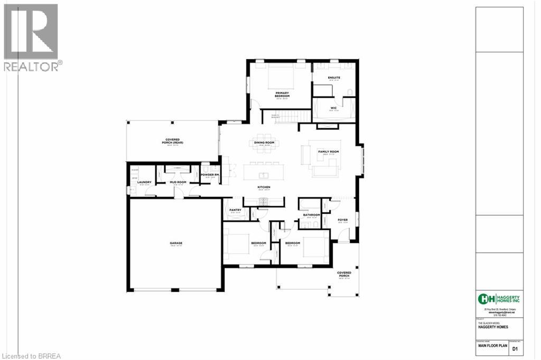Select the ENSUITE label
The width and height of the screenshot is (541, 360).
[333, 78]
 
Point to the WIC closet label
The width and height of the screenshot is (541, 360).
[333, 108]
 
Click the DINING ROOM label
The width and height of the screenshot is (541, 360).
[264, 143]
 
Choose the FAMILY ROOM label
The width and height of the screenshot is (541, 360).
[328, 151]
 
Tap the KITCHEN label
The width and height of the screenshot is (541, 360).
[264, 187]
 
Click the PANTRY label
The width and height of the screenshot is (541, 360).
[235, 210]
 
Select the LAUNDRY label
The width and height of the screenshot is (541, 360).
[144, 183]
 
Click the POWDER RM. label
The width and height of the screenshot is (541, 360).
[209, 175]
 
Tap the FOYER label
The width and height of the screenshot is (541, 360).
[342, 220]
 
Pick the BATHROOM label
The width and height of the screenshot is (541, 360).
[311, 215]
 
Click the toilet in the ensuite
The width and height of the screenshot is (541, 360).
[350, 93]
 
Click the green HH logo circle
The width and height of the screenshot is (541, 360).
[483, 299]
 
